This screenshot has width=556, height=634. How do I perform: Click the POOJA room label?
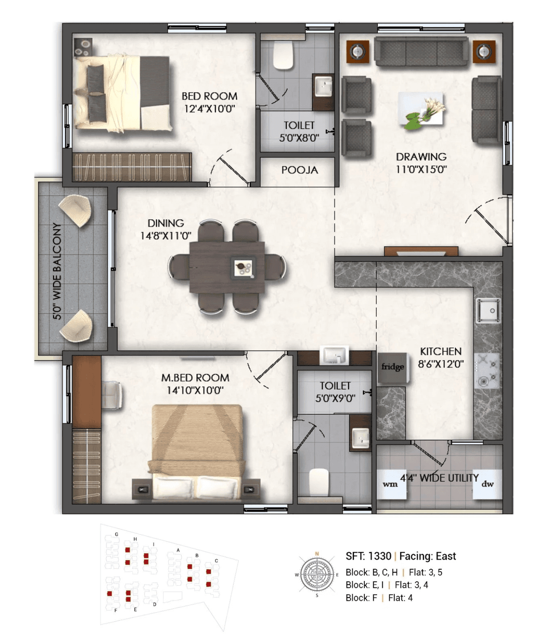pyautogui.click(x=299, y=170)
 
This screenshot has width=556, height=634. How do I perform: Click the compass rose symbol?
pyautogui.click(x=318, y=574)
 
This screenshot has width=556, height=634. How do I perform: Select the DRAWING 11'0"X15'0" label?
pyautogui.click(x=421, y=163)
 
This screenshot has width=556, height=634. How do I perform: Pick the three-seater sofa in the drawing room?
pyautogui.click(x=421, y=52)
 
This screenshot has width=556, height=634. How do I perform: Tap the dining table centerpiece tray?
pyautogui.click(x=243, y=267)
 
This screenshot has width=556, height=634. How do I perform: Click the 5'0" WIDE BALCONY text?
pyautogui.click(x=57, y=271)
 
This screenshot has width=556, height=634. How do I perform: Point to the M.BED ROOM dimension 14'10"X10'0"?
pyautogui.click(x=195, y=390)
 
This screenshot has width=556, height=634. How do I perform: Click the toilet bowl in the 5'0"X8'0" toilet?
pyautogui.click(x=284, y=55)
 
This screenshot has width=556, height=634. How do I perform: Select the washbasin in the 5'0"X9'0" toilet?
pyautogui.click(x=360, y=437)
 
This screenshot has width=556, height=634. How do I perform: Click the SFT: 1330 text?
pyautogui.click(x=368, y=556)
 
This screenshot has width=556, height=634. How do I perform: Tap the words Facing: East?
pyautogui.click(x=427, y=556)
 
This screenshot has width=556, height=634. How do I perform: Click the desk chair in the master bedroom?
pyautogui.click(x=112, y=395)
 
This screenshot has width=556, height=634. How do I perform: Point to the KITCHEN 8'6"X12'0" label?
pyautogui.click(x=440, y=357)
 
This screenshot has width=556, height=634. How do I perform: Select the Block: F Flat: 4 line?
pyautogui.click(x=379, y=598)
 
